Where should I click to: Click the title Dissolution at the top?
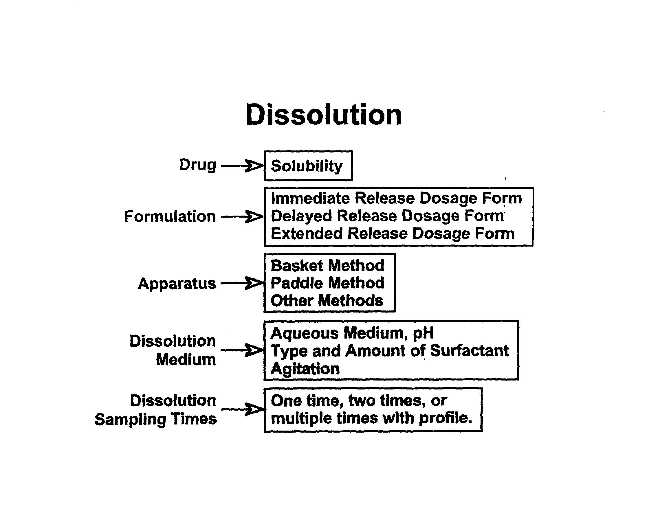pyautogui.click(x=323, y=115)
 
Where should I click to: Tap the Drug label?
pyautogui.click(x=198, y=165)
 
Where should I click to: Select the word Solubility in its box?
pyautogui.click(x=307, y=166)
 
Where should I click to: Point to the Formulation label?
pyautogui.click(x=170, y=217)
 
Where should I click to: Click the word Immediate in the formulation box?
pyautogui.click(x=310, y=198)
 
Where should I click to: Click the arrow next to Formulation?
pyautogui.click(x=242, y=217)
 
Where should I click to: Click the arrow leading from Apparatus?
pyautogui.click(x=242, y=283)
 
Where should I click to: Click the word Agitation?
pyautogui.click(x=305, y=369)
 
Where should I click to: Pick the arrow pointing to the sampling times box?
pyautogui.click(x=242, y=409)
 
